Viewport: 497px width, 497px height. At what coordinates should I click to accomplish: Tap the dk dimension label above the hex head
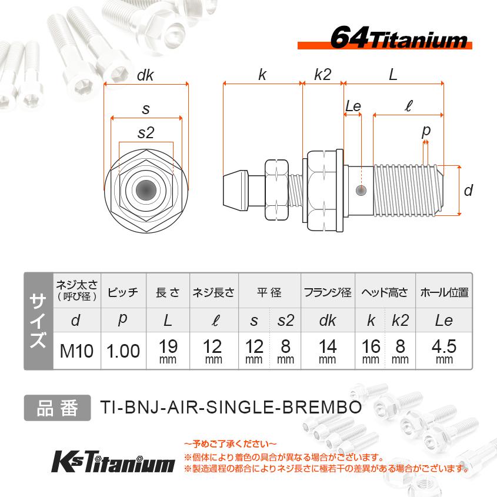click(x=145, y=75)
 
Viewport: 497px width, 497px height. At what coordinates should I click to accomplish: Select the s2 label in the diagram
click(x=145, y=133)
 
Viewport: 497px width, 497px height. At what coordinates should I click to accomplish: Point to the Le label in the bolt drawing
click(x=353, y=106)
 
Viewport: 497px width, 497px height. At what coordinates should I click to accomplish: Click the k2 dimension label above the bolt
click(x=322, y=75)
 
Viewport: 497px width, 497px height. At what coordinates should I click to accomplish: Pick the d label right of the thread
click(x=468, y=190)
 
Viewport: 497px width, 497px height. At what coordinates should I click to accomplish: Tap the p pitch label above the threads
click(x=426, y=130)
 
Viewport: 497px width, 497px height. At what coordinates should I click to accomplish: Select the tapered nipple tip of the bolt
click(x=234, y=190)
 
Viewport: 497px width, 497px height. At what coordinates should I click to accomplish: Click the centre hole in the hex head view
click(x=145, y=190)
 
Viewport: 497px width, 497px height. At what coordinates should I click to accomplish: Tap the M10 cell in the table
click(x=77, y=351)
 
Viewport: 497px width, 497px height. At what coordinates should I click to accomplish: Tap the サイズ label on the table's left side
click(x=38, y=321)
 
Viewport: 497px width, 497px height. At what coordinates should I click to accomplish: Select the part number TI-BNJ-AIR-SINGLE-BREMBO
click(x=230, y=408)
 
